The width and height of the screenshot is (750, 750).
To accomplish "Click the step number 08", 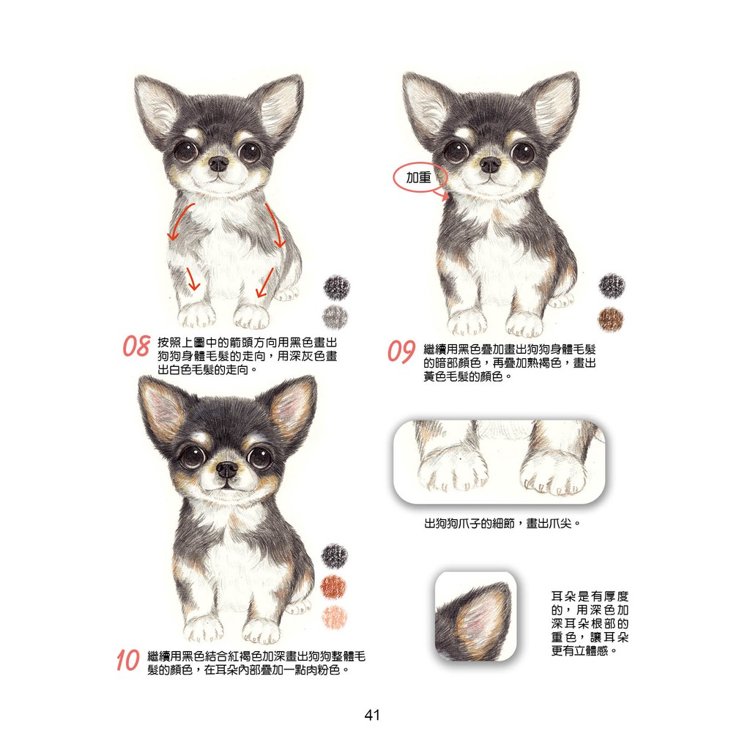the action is pyautogui.click(x=137, y=346).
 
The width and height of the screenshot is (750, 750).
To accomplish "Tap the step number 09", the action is pyautogui.click(x=401, y=352).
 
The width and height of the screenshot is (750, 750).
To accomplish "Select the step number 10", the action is pyautogui.click(x=127, y=661).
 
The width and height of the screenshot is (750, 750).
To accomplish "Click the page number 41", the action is pyautogui.click(x=372, y=715).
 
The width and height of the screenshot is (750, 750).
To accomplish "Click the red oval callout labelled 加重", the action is pyautogui.click(x=420, y=178).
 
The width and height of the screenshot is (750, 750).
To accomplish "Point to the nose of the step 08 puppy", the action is pyautogui.click(x=218, y=164).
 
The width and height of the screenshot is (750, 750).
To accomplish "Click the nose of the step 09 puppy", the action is pyautogui.click(x=490, y=165).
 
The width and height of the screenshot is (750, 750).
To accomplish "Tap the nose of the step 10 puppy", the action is pyautogui.click(x=226, y=469).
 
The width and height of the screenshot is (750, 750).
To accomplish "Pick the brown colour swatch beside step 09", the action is pyautogui.click(x=611, y=319).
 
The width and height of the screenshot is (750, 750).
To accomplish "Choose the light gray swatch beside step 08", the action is pyautogui.click(x=335, y=316).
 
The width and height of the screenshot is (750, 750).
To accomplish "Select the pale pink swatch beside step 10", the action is pyautogui.click(x=334, y=617).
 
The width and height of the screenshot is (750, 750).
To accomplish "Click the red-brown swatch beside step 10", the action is pyautogui.click(x=333, y=587).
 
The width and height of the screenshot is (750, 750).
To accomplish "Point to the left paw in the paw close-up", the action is pyautogui.click(x=453, y=471).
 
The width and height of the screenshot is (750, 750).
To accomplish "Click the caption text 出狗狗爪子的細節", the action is pyautogui.click(x=469, y=523).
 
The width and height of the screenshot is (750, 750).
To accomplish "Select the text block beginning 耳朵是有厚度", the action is pyautogui.click(x=590, y=624).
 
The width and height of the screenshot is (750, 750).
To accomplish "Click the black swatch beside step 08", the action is pyautogui.click(x=337, y=287).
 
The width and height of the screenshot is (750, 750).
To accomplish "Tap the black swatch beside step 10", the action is pyautogui.click(x=334, y=556).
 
